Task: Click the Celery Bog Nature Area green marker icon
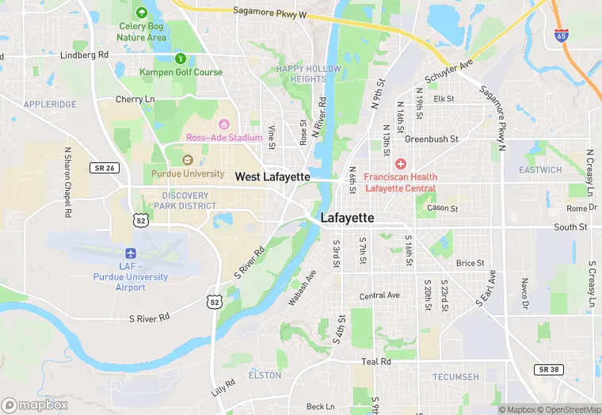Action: (142, 13)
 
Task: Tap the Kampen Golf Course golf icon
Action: (181, 58)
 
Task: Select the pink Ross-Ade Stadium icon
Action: (223, 124)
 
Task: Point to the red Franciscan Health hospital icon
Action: (401, 164)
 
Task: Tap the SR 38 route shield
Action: (547, 370)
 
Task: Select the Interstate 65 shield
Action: (561, 35)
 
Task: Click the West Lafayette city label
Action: (269, 177)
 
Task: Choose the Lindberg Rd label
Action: (84, 55)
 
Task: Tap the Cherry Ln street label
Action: (135, 99)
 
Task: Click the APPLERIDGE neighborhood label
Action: (50, 104)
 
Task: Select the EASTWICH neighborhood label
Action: (540, 170)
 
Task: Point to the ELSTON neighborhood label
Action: (265, 375)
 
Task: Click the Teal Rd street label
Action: (376, 361)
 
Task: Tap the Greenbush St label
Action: (432, 139)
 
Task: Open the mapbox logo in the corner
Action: (36, 405)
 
